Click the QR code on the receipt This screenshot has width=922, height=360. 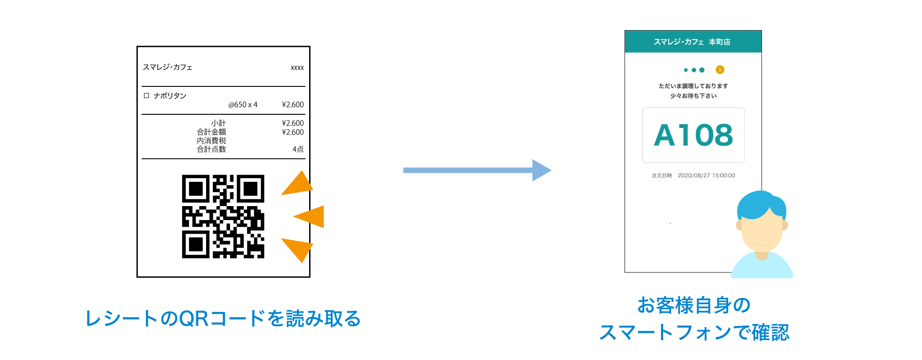(x=223, y=216)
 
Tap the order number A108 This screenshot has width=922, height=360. (x=693, y=135)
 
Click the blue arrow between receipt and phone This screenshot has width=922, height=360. (x=477, y=170)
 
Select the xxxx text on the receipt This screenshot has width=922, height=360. (x=297, y=67)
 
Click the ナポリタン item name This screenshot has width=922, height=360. (x=170, y=96)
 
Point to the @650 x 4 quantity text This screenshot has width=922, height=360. (x=243, y=105)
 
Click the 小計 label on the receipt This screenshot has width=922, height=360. (x=219, y=123)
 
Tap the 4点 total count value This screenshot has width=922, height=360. (x=298, y=149)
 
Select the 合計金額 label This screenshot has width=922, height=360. (x=211, y=132)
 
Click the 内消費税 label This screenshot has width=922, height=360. (x=211, y=141)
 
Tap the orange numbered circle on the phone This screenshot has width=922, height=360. (x=720, y=70)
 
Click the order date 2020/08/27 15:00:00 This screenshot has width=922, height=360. (x=706, y=175)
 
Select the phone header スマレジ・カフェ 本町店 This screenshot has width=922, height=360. (x=692, y=42)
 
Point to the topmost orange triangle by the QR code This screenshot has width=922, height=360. (x=298, y=184)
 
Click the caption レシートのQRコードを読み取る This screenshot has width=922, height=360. (x=223, y=319)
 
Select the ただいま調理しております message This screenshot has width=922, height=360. (x=693, y=86)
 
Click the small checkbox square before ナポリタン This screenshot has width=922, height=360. (x=146, y=95)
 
